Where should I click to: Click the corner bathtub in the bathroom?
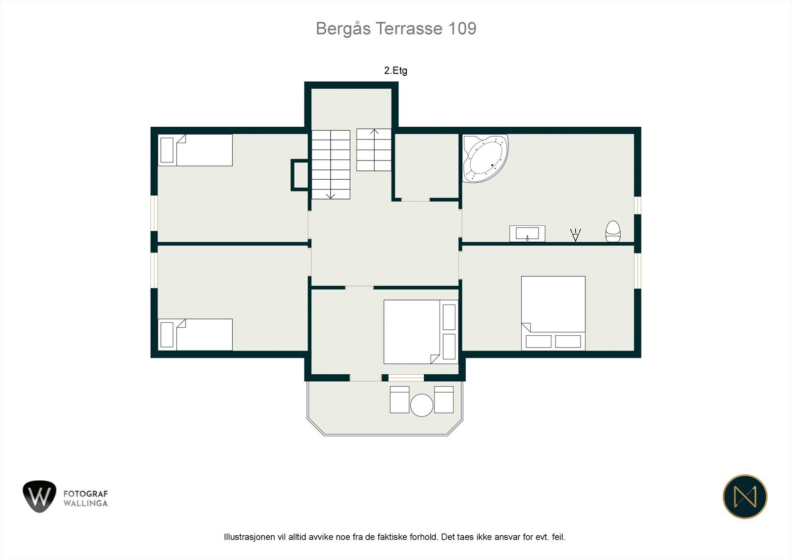pos(485,158)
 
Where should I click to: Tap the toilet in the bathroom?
pos(613,231)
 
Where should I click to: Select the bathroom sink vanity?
pos(527,234)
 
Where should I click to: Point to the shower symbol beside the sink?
pos(575,235)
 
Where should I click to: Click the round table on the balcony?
pos(421,405)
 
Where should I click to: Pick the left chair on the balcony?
pos(399,400)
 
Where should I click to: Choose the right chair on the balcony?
pos(444,400)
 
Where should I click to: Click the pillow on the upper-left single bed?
pos(167,150)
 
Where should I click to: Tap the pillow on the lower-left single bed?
pos(167,335)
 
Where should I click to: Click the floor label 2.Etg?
pos(396,71)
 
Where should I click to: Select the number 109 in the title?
pos(462,29)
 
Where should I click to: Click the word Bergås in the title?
pos(343,29)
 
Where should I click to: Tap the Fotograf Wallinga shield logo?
pos(40,496)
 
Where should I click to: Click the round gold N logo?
pos(745,497)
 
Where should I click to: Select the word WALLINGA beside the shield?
pos(86,504)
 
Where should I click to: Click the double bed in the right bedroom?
pos(553,313)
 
